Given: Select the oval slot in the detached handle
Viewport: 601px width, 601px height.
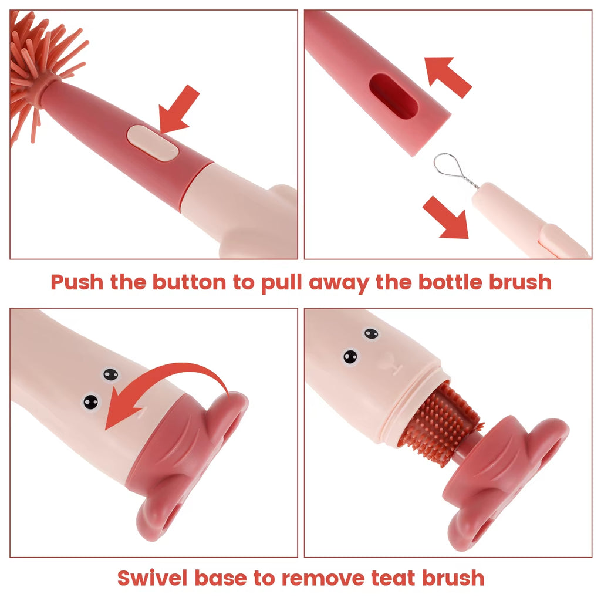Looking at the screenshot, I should point(393,96).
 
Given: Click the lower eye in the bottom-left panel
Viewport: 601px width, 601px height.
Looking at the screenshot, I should point(91,401).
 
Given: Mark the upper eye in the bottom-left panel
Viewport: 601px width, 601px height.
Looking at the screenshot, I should point(110,374).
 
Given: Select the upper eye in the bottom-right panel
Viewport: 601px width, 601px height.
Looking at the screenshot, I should point(371,334).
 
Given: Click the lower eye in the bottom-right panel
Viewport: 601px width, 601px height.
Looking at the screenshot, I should point(350,356).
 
